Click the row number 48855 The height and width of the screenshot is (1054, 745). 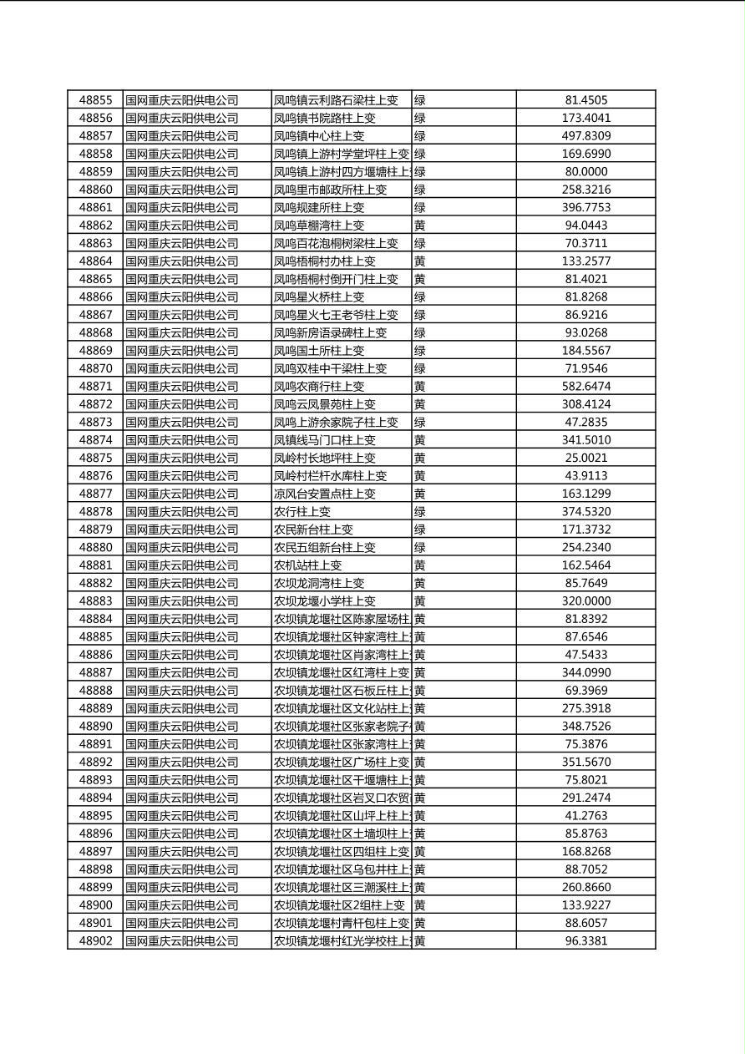[95, 100]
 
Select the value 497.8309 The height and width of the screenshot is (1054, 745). [585, 136]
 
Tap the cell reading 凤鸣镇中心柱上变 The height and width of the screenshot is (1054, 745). [319, 136]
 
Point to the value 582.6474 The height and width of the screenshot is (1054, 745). [585, 387]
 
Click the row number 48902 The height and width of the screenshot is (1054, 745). [95, 941]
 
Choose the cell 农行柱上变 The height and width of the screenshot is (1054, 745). [302, 512]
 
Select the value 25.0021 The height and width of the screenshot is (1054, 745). [585, 459]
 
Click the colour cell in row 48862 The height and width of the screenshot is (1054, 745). [420, 225]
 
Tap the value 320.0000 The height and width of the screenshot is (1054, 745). [585, 601]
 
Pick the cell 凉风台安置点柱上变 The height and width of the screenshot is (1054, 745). [325, 494]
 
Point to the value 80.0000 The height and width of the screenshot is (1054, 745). [585, 172]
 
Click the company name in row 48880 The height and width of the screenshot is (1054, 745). [182, 548]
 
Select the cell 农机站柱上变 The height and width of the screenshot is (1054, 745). [308, 565]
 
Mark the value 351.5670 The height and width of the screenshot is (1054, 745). [585, 763]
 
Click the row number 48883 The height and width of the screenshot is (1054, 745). [95, 601]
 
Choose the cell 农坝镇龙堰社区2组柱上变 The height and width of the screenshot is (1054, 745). [339, 905]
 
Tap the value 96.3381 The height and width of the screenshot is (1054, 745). [585, 941]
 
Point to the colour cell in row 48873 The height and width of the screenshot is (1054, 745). [420, 423]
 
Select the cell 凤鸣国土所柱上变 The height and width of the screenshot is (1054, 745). [319, 351]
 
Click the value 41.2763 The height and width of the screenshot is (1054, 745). [585, 816]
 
